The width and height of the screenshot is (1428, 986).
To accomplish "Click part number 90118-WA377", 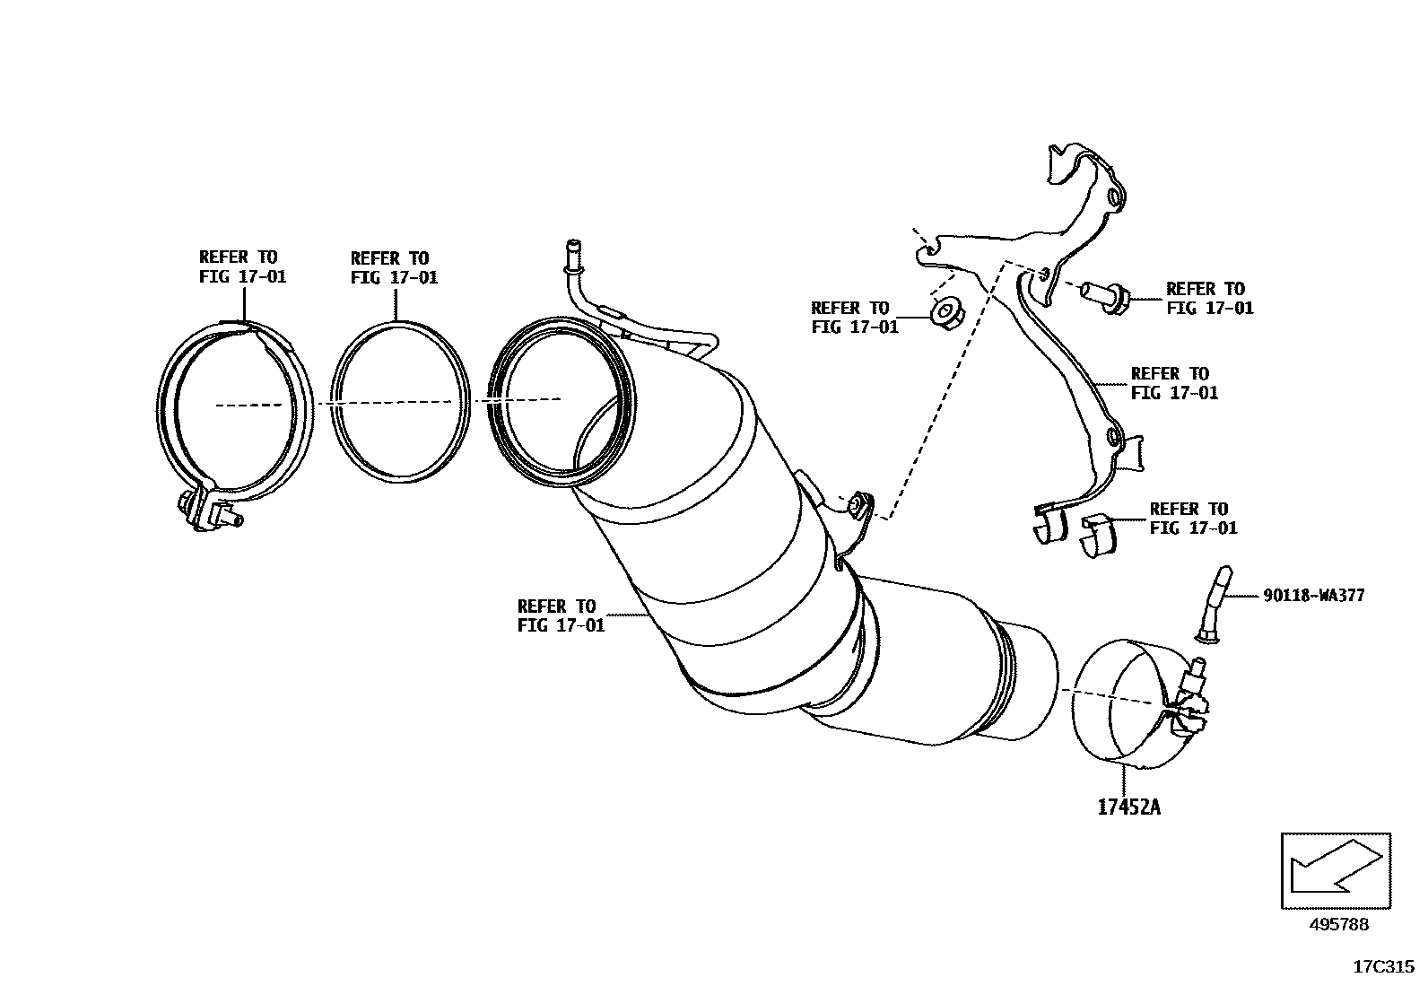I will pos(1313,595).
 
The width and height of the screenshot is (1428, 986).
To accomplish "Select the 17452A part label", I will pos(1128,807).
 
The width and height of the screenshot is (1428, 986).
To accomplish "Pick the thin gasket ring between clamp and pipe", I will pos(399,398).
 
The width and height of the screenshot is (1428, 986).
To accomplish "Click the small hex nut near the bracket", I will pos(944,315).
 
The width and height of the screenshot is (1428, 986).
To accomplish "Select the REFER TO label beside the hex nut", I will pos(854,318).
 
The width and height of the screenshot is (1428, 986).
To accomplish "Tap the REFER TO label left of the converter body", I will pos(561,615).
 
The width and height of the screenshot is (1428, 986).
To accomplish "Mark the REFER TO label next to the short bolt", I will pos(1209,298).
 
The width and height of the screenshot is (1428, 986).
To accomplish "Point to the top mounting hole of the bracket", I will pos(1115,196).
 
